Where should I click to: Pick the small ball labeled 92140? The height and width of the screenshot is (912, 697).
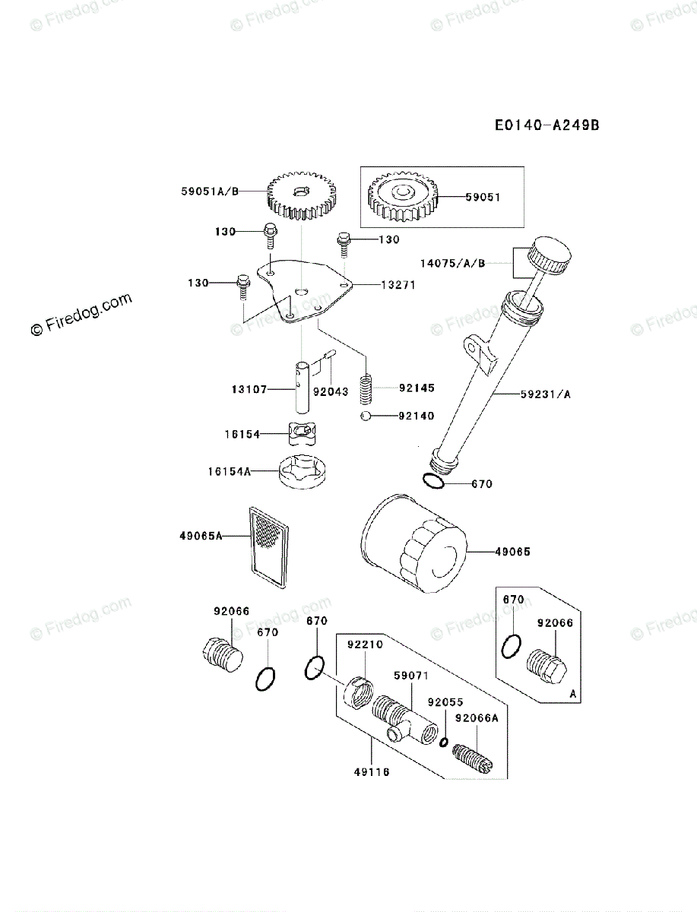[x=366, y=416]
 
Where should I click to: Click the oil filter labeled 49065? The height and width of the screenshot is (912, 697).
[x=411, y=544]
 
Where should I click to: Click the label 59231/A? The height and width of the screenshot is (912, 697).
[x=546, y=394]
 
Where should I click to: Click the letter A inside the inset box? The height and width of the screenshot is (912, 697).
[x=572, y=693]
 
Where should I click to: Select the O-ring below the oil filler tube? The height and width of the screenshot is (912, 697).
[x=433, y=481]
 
